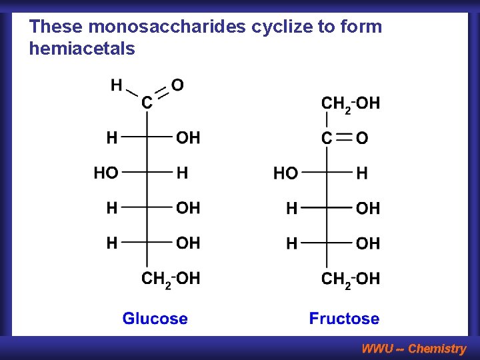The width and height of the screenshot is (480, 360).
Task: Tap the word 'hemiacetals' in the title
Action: point(82,49)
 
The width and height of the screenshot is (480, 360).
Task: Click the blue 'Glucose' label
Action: point(155,319)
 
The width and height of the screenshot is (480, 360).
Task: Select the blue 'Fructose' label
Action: point(344,319)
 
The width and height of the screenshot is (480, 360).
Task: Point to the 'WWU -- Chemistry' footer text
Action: point(413,348)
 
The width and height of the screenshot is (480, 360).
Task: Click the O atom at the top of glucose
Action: point(177,85)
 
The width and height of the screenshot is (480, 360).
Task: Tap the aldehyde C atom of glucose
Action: point(147,103)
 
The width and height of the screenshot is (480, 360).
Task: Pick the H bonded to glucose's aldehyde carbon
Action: point(116,85)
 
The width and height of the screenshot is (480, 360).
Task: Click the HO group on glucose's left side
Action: point(106,173)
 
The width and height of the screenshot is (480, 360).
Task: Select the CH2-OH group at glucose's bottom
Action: point(171,279)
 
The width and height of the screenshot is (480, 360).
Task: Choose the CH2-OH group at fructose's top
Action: point(351,103)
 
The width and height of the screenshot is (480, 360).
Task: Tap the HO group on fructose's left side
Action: point(286,174)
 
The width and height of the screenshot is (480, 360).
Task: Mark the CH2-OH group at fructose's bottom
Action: point(351,279)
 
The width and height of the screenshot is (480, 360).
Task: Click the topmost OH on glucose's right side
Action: point(188,138)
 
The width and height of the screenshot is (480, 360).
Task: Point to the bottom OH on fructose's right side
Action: point(368,244)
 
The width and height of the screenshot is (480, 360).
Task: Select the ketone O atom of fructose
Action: point(362,139)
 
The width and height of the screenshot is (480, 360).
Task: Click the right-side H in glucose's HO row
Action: point(182,173)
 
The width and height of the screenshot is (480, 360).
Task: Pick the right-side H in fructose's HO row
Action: point(361,174)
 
